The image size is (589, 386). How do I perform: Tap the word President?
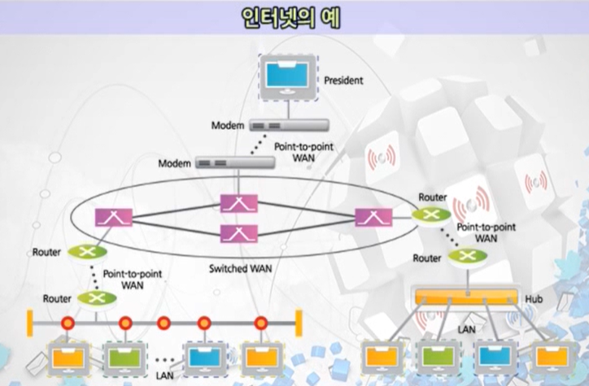click(343, 81)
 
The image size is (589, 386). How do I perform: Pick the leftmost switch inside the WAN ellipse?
click(108, 217)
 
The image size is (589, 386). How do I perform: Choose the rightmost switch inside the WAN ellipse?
click(373, 217)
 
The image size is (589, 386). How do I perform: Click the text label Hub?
click(534, 300)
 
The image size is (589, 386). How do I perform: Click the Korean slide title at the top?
click(294, 17)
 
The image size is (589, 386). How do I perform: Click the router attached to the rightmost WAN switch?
click(427, 215)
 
